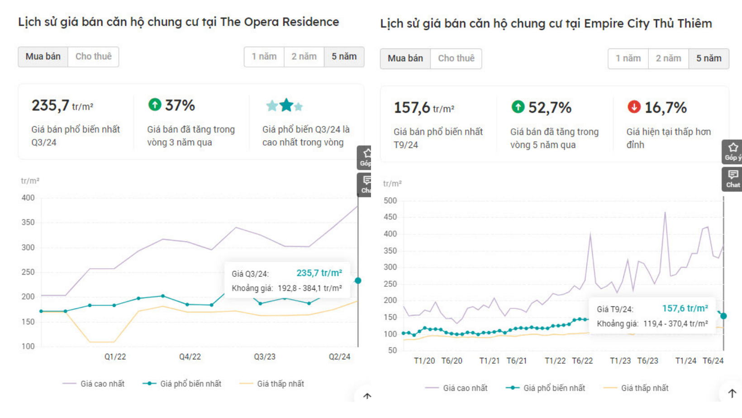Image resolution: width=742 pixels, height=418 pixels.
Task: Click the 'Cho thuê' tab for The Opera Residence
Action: [x=93, y=57]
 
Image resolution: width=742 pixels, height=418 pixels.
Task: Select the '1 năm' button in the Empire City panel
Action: [x=628, y=58]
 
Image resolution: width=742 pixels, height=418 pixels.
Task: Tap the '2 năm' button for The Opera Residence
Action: [x=304, y=57]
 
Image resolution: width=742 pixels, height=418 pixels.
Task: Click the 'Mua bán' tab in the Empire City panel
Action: [x=405, y=58]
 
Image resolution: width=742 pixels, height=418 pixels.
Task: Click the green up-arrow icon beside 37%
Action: [x=155, y=104]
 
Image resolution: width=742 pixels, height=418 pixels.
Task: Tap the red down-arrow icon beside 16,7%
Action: [x=634, y=107]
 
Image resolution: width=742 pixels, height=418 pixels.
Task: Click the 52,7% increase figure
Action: [x=550, y=108]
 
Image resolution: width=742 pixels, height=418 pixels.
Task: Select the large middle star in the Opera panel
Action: [x=286, y=105]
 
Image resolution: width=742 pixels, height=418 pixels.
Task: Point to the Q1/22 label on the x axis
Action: [x=115, y=356]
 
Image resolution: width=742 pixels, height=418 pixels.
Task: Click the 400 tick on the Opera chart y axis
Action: [x=28, y=198]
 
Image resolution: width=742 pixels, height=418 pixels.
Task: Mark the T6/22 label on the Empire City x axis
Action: [x=582, y=361]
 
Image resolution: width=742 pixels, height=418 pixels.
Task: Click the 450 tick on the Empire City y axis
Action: [x=390, y=217]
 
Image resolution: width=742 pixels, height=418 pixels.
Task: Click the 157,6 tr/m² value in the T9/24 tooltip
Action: [x=685, y=309]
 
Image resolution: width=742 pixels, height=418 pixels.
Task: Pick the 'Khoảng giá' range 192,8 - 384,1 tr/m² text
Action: [x=309, y=288]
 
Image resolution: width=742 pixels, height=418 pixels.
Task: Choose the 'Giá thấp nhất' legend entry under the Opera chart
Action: [x=280, y=384]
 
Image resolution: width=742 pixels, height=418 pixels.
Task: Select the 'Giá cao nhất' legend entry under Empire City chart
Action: [x=465, y=388]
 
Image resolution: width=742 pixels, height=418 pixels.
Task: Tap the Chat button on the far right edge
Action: [x=732, y=179]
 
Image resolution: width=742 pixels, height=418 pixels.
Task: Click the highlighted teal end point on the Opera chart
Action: [x=358, y=280]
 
